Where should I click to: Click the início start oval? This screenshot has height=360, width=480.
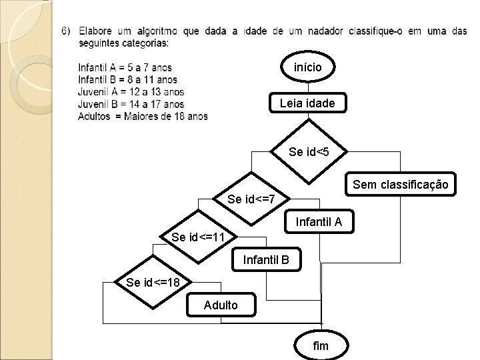309,67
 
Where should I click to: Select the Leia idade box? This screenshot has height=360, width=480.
307,103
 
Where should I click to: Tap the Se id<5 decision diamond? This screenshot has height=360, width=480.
308,152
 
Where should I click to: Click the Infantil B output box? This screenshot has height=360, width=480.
267,259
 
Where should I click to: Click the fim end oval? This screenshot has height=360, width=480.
321,345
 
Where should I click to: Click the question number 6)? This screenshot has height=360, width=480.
67,31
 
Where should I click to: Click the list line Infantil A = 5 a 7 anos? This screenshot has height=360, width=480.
125,67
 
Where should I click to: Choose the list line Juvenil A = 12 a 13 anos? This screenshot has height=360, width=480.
131,91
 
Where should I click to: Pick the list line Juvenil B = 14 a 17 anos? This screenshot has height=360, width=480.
131,103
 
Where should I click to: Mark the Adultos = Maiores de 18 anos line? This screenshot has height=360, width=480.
143,116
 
